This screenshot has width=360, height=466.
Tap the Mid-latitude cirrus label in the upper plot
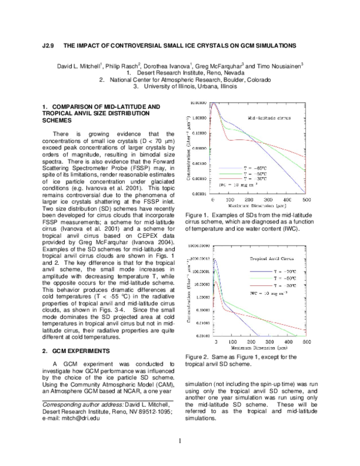click(270, 118)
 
